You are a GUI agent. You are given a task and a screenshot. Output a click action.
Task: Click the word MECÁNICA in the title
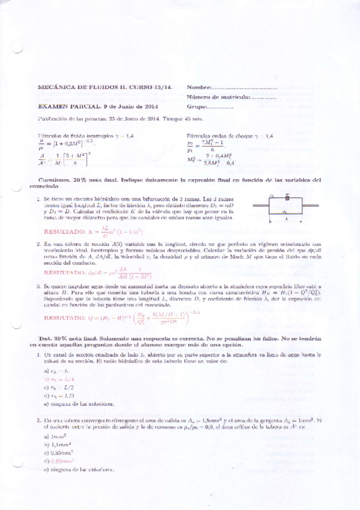pyautogui.click(x=55, y=88)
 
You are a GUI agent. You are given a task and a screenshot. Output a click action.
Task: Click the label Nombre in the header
pyautogui.click(x=200, y=88)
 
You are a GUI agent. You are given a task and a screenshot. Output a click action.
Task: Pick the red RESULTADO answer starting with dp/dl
pyautogui.click(x=93, y=272)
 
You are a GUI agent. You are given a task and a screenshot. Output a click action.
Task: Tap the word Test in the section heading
pyautogui.click(x=44, y=340)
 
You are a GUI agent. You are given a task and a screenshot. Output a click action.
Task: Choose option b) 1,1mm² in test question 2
pyautogui.click(x=59, y=443)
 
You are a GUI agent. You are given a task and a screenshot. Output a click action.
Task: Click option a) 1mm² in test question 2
pyautogui.click(x=58, y=435)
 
